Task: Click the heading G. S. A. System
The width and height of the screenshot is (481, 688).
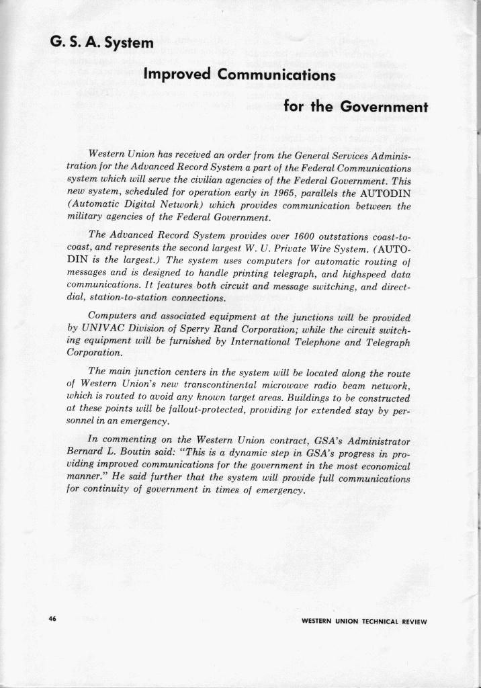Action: click(x=103, y=44)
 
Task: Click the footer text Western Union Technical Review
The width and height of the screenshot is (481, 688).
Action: click(x=364, y=621)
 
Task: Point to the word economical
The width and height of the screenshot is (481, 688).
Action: click(x=378, y=466)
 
